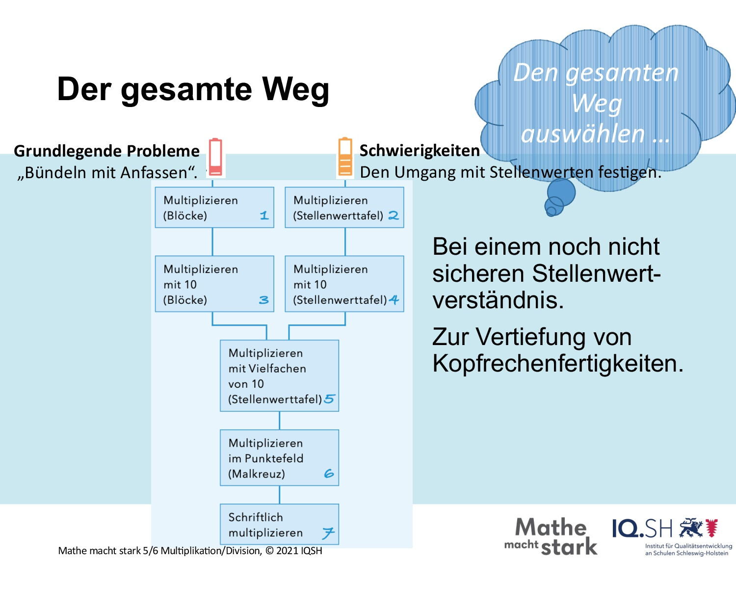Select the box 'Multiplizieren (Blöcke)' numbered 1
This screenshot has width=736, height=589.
tap(214, 208)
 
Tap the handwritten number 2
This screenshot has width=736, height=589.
tap(394, 215)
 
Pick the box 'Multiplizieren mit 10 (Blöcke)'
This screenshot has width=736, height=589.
tap(214, 284)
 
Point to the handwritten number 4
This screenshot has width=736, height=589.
tap(394, 300)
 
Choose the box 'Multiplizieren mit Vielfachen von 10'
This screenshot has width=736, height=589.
tap(279, 375)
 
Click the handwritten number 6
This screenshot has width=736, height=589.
tap(329, 474)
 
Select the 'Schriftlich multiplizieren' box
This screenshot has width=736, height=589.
tap(279, 524)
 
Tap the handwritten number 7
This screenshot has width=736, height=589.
tap(328, 533)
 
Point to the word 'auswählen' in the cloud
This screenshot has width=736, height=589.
tap(583, 134)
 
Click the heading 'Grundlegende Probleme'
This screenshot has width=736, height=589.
tap(106, 151)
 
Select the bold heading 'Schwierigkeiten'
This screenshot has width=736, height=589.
tap(420, 151)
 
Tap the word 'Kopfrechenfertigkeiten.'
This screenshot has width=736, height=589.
tap(558, 363)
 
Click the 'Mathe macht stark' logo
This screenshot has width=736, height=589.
tap(551, 536)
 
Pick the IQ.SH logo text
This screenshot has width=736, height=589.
tap(642, 529)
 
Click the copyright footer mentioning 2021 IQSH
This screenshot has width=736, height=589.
tap(190, 551)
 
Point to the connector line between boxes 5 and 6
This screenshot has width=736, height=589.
tap(279, 421)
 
